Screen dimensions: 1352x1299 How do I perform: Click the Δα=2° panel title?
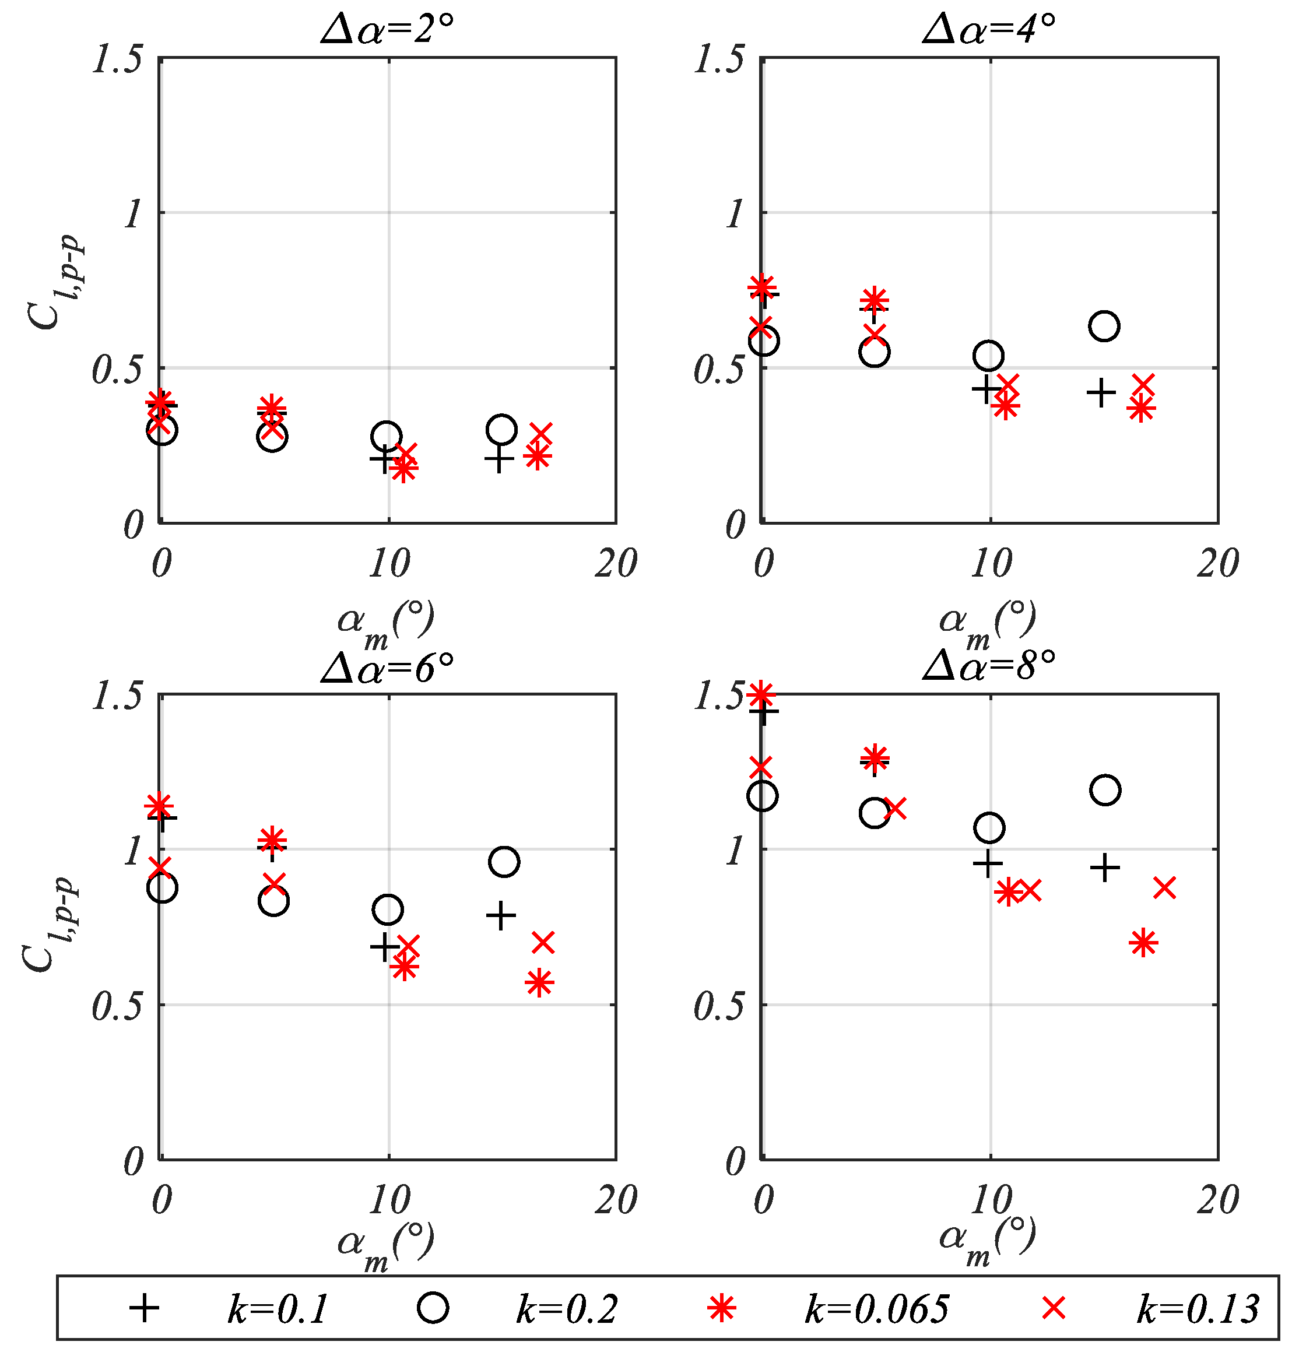[387, 29]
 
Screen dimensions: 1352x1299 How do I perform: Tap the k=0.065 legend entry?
[876, 1308]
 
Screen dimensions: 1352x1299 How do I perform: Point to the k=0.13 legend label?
[1198, 1308]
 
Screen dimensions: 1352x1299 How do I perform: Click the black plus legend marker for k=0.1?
[144, 1308]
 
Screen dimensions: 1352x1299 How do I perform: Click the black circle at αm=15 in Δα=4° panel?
[1104, 325]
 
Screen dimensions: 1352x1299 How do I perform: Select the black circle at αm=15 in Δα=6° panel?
[504, 862]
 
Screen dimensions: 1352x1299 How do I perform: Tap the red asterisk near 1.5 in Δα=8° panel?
[761, 693]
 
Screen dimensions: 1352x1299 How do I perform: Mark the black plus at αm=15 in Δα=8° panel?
[1104, 867]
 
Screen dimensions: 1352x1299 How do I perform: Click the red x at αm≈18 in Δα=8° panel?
[1164, 888]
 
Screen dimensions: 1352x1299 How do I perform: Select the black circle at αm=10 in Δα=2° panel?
[387, 436]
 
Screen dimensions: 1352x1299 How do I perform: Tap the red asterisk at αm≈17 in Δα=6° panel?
[539, 983]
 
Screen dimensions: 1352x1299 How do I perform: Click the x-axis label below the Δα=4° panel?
[987, 623]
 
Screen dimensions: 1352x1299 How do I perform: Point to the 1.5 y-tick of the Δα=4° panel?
[719, 59]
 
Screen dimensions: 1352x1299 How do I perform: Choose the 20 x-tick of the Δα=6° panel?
[615, 1200]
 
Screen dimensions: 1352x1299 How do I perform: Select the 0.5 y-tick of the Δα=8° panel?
[719, 1006]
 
